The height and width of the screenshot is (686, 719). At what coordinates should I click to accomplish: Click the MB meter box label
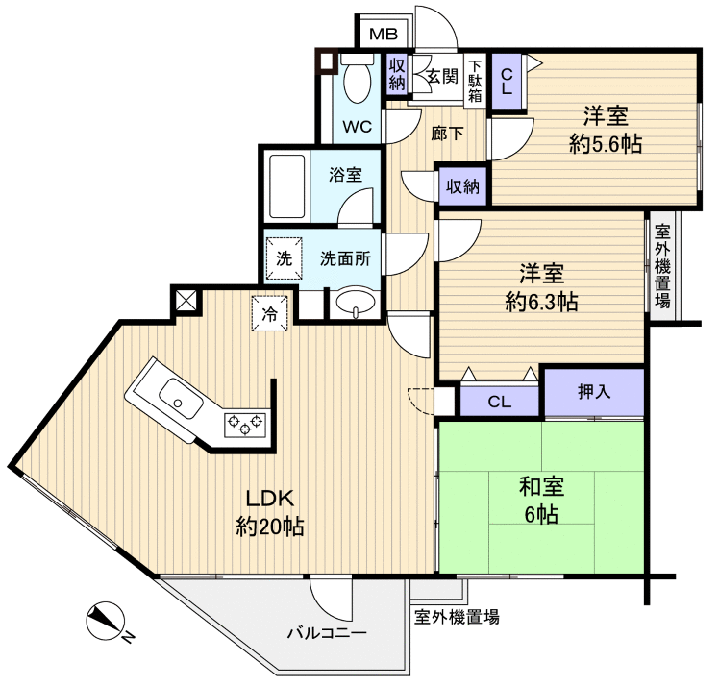tap(384, 35)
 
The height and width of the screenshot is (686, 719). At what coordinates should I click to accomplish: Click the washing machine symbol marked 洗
tap(284, 257)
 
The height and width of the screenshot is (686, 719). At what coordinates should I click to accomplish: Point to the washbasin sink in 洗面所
tap(356, 304)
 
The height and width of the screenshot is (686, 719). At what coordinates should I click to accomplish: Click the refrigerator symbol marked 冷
tap(271, 312)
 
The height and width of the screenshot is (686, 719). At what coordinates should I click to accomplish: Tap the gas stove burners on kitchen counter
tap(245, 423)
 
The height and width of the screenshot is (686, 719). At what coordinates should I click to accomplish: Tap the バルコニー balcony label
tap(327, 634)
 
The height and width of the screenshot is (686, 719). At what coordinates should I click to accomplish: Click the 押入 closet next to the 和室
tap(594, 391)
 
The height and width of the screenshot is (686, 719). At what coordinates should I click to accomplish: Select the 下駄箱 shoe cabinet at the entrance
tap(475, 79)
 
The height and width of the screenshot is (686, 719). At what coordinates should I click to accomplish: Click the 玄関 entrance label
tap(441, 77)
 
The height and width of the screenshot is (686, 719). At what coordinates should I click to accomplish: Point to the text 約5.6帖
tap(606, 144)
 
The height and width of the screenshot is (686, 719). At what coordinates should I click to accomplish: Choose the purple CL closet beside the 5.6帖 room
tap(508, 80)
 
